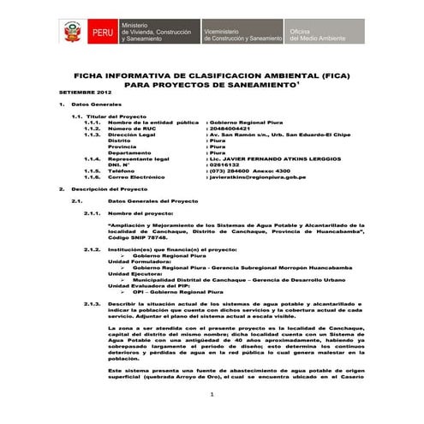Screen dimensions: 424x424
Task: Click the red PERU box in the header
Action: pyautogui.click(x=100, y=35)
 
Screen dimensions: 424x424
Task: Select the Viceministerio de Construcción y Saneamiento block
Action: pyautogui.click(x=242, y=35)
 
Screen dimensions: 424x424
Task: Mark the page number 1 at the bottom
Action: pyautogui.click(x=212, y=393)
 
